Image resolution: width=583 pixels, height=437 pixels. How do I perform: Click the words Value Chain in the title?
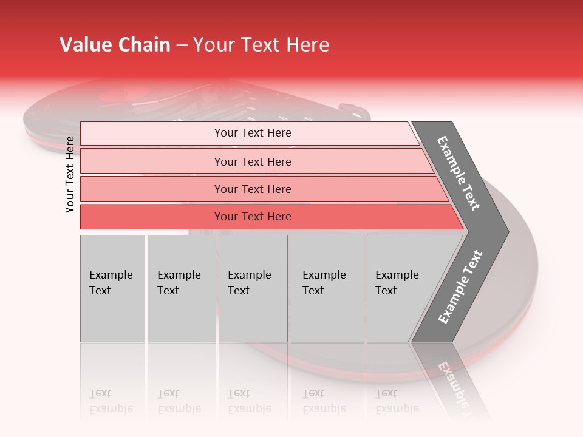pos(115,45)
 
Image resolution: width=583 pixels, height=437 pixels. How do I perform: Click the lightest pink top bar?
pos(152,133)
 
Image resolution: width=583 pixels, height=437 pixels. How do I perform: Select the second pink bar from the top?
pos(152,161)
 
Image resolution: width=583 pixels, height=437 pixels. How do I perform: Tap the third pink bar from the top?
pos(152,189)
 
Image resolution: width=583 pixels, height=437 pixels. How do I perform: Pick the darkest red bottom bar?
pos(152,217)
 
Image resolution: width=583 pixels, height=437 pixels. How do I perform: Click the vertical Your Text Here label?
pos(70,174)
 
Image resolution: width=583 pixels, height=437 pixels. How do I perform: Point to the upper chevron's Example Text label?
pos(459,173)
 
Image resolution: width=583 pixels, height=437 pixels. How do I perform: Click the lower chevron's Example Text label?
pos(460,287)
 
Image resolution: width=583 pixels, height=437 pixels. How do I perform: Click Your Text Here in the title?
pos(261,45)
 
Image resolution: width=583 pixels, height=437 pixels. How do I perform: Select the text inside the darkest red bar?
pos(253,217)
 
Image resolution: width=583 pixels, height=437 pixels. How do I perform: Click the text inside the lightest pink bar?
pos(253,133)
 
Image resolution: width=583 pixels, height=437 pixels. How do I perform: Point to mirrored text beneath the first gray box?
pos(111,401)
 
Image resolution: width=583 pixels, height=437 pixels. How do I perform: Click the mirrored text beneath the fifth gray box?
pos(397,401)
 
